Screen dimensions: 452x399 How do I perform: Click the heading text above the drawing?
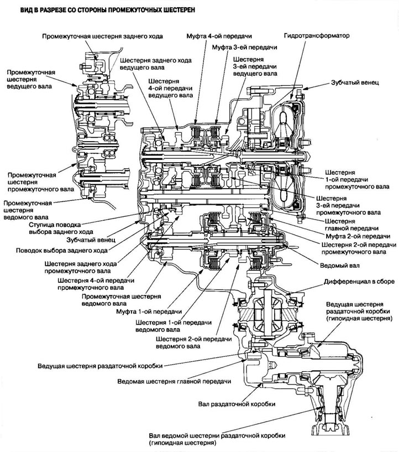(x=99, y=10)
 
